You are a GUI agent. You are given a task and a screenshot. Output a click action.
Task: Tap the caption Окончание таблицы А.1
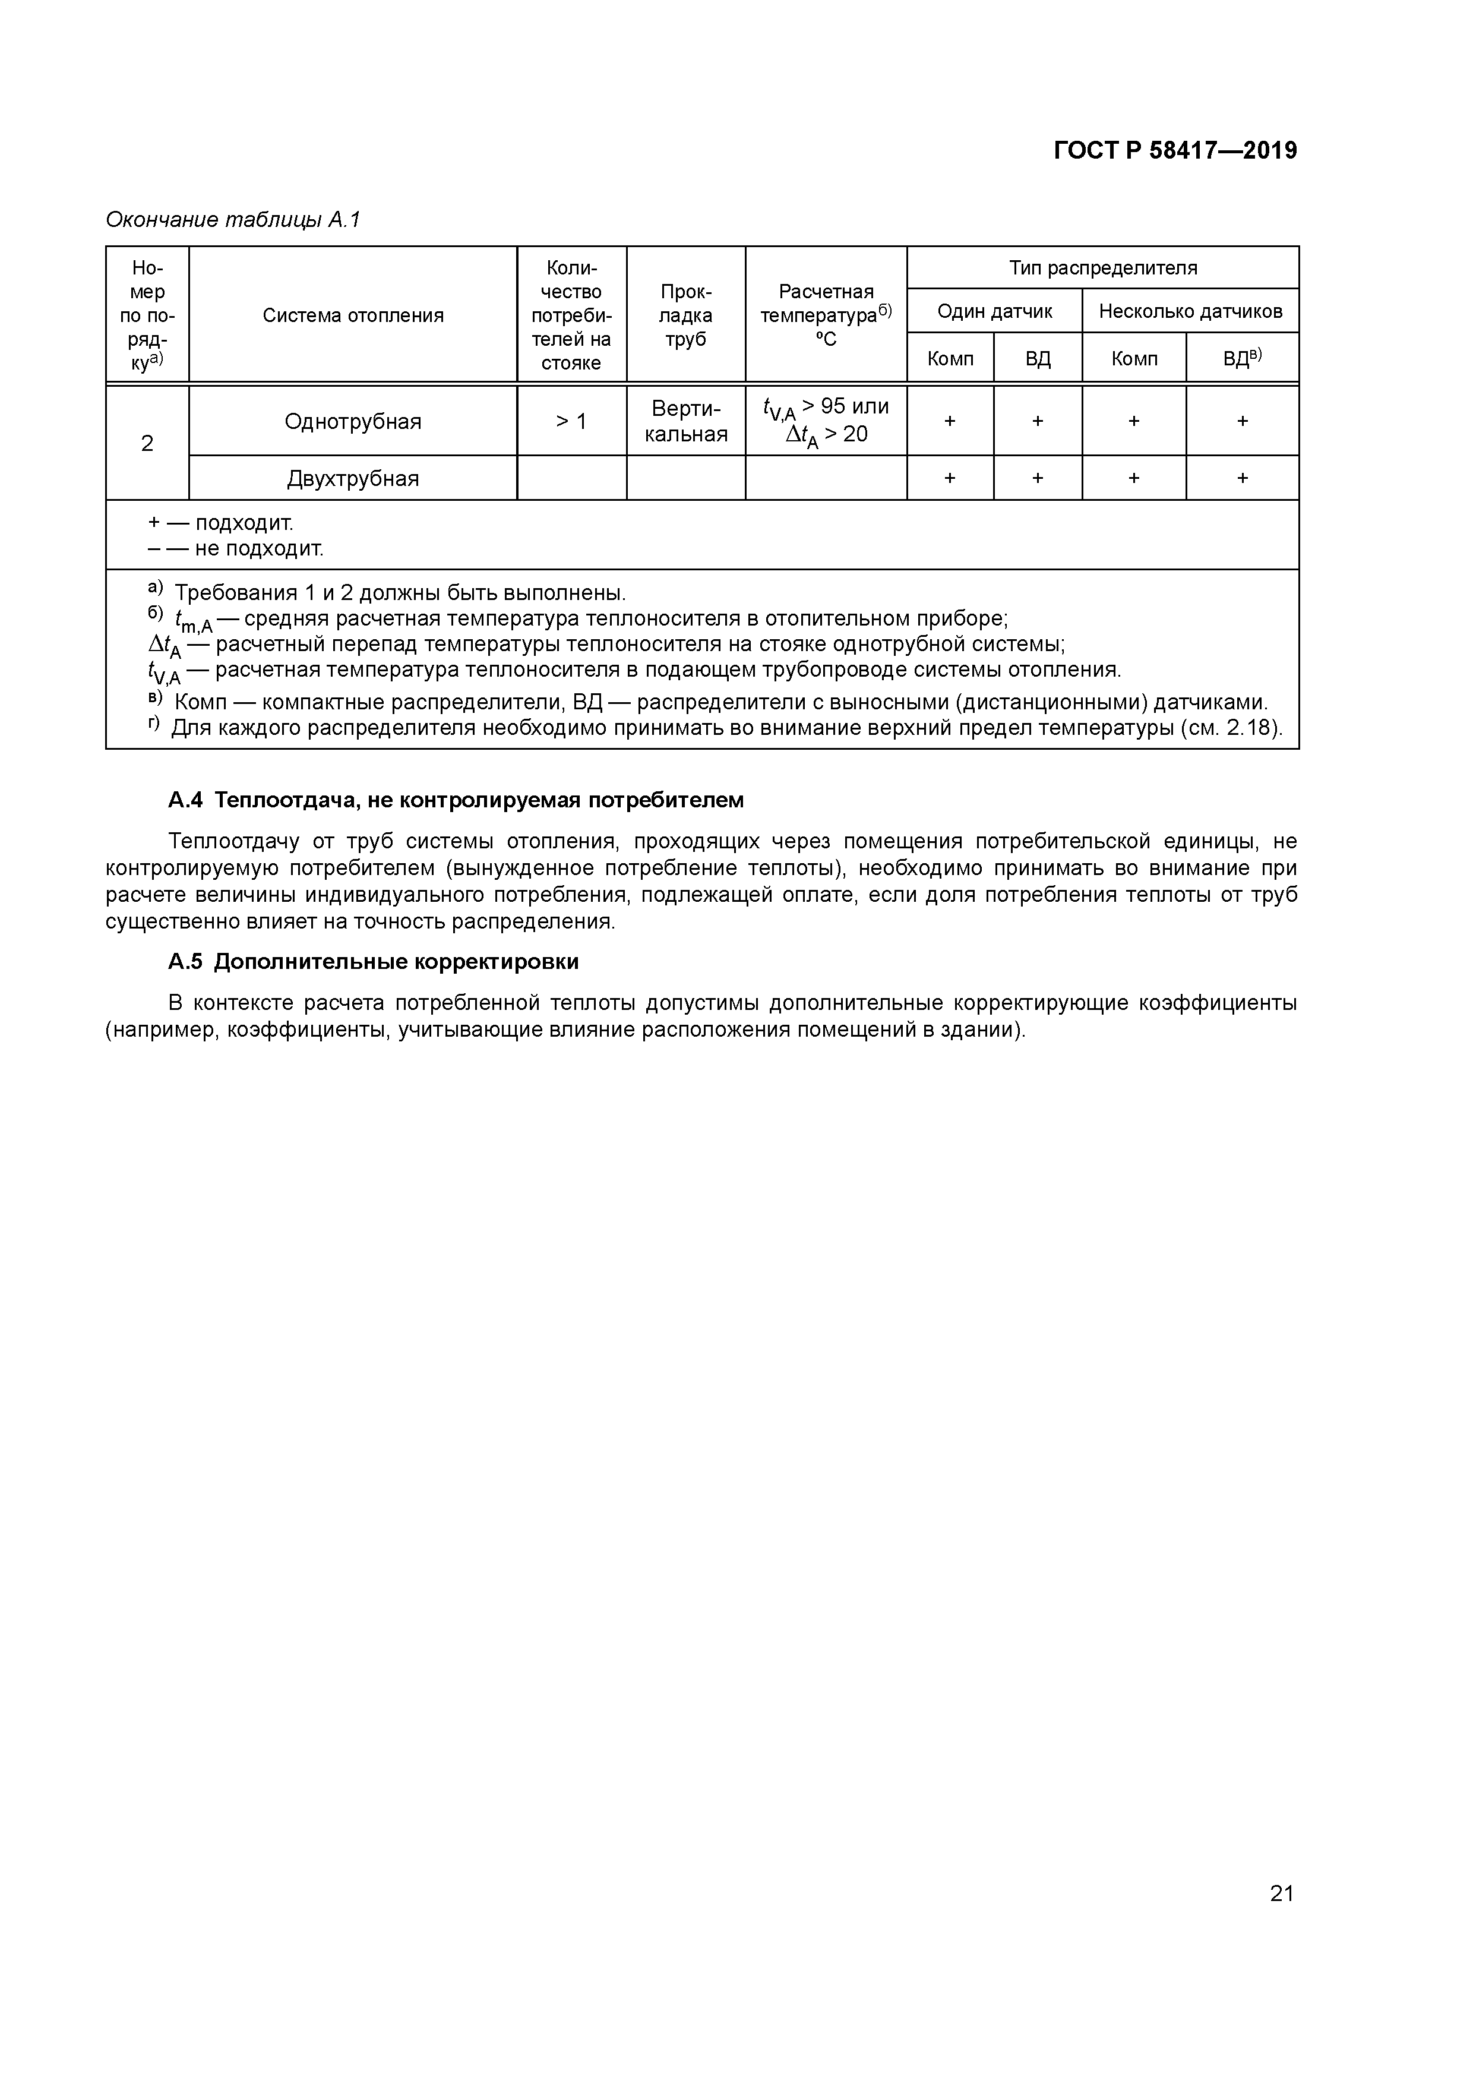(233, 220)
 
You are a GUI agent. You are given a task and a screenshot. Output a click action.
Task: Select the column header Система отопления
(353, 315)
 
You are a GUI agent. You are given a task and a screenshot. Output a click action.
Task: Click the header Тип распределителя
(1103, 268)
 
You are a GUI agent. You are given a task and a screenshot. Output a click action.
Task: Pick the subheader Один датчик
(995, 311)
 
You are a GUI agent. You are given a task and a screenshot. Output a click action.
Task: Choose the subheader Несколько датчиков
(1190, 311)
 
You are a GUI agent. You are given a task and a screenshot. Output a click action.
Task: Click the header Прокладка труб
(685, 315)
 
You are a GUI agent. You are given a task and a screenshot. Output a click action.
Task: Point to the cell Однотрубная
(353, 421)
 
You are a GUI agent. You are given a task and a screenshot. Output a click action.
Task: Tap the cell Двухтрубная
(353, 478)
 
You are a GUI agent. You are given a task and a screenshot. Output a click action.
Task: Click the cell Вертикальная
(685, 421)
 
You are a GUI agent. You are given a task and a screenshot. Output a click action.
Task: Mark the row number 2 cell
(147, 443)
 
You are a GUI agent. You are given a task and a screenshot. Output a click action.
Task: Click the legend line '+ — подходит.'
(222, 523)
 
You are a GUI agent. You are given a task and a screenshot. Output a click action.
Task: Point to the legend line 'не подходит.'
(258, 548)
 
